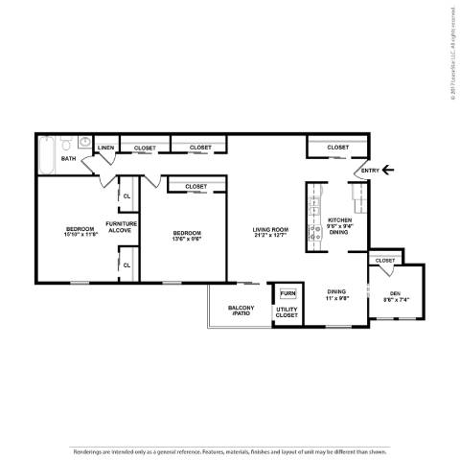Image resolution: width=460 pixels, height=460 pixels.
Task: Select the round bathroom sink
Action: (85, 144)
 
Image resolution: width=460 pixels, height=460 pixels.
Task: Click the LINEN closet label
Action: (105, 148)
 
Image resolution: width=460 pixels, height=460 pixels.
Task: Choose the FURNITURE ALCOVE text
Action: (123, 227)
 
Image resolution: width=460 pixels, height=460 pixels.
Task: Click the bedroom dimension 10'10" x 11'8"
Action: (82, 234)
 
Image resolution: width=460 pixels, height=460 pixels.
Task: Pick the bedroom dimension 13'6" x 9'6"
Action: (187, 240)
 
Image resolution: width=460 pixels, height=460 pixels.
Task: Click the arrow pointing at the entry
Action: (387, 171)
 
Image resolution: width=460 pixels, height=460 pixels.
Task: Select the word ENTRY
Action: (370, 171)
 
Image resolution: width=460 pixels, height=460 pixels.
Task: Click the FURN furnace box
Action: (287, 292)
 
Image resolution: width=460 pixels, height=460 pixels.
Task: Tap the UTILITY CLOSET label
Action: (287, 312)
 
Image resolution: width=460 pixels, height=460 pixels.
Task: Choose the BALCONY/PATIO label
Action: (241, 311)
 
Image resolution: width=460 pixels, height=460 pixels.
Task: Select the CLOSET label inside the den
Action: (385, 260)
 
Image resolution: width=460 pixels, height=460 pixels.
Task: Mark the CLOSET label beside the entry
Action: (337, 148)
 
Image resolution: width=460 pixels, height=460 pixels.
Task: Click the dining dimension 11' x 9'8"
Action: (336, 297)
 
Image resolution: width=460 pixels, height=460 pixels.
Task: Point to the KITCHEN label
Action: (340, 220)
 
